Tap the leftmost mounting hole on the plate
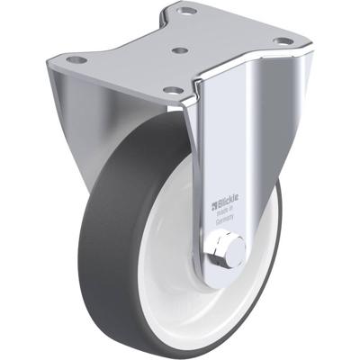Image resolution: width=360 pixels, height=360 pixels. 76,59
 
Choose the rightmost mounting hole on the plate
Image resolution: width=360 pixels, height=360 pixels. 283,41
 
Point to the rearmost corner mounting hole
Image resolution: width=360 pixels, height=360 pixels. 187,12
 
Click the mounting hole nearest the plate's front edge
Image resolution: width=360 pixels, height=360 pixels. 171,91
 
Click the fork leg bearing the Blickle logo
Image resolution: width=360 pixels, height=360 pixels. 221,162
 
